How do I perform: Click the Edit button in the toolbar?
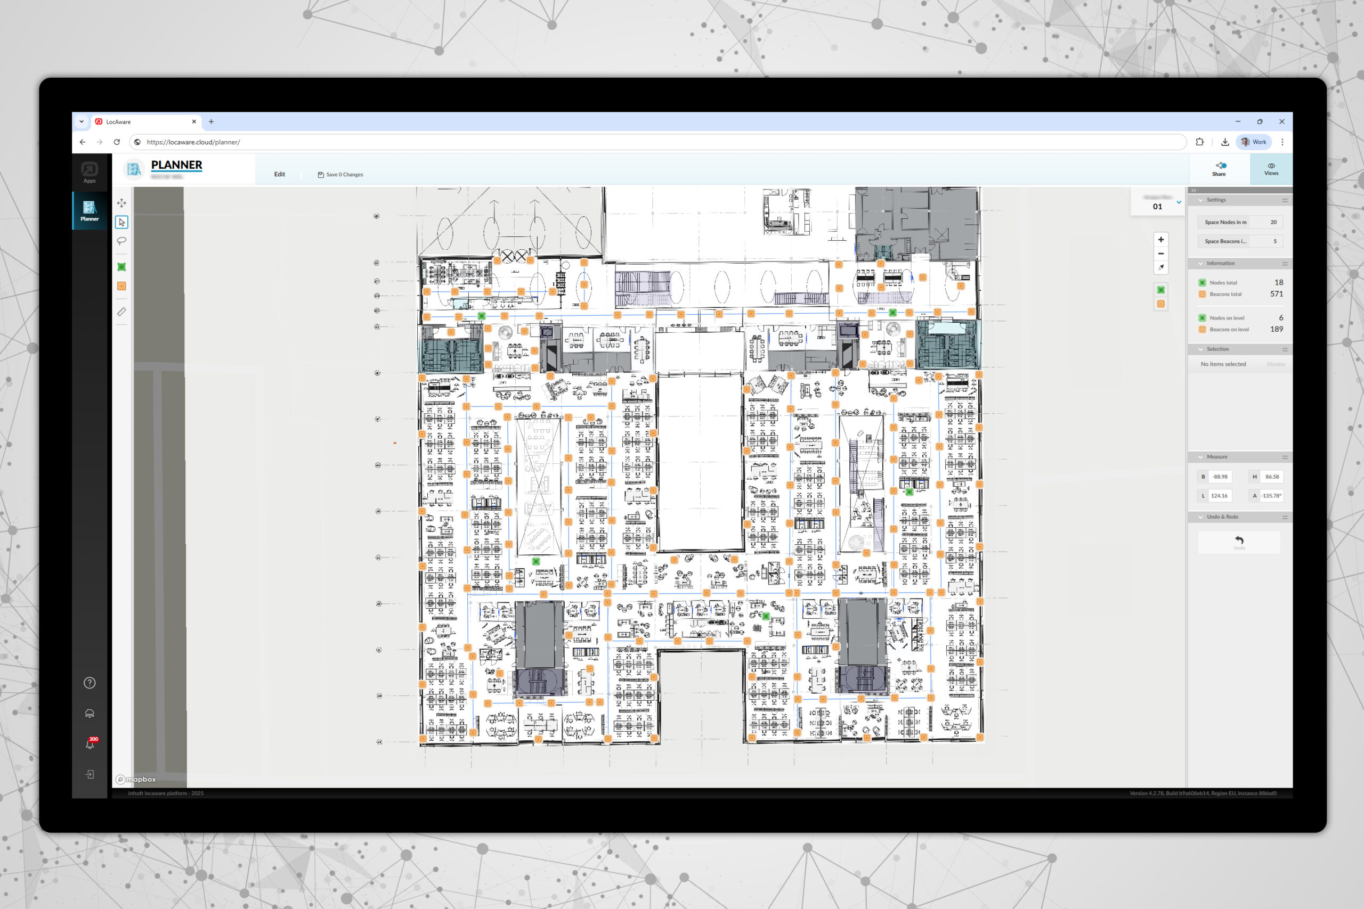pos(280,174)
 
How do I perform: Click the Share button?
pos(1219,169)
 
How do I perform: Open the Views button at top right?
pos(1271,169)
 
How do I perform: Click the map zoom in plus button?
pos(1160,240)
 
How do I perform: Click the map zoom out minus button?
pos(1160,253)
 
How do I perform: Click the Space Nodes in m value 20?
pos(1273,222)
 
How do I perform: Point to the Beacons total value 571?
pos(1276,294)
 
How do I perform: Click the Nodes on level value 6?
pos(1280,318)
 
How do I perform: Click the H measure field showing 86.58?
pos(1272,477)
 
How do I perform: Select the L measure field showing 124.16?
pos(1219,496)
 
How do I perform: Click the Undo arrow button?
pos(1239,541)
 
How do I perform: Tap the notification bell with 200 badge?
pos(90,744)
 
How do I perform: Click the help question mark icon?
pos(90,683)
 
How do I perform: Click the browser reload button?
pos(117,142)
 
